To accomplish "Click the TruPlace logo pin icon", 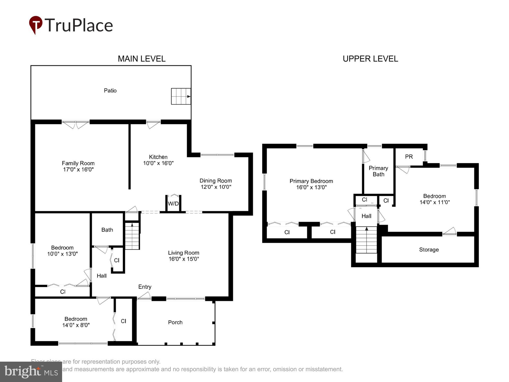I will point(36,25).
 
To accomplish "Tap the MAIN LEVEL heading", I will point(142,59).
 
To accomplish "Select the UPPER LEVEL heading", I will point(370,59).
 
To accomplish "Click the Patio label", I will point(110,91).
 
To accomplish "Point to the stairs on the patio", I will point(181,96).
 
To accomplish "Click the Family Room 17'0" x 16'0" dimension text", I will point(78,169).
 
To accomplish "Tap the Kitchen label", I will point(158,157).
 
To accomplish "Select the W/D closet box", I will point(173,203).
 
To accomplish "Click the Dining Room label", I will point(216,181).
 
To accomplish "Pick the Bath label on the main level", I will point(107,230).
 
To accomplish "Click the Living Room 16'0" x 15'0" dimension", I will point(183,259).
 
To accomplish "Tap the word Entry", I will point(145,287).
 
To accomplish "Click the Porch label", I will point(175,322).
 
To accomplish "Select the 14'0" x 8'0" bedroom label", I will point(76,322).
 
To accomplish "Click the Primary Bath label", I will point(378,171).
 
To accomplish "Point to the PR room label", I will point(409,157).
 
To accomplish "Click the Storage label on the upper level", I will point(429,250).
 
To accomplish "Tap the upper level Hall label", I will point(366,216).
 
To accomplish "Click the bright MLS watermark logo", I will point(31,372).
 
